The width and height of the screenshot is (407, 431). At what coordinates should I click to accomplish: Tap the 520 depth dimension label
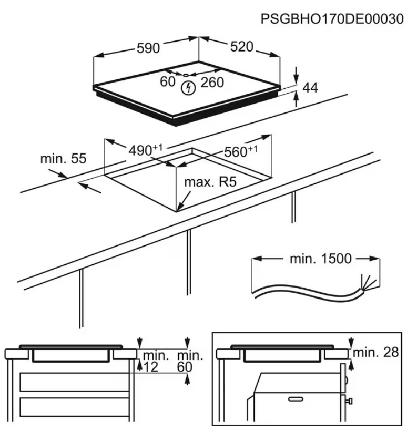[x=241, y=47]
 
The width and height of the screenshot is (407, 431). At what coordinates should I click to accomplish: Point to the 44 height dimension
[x=311, y=88]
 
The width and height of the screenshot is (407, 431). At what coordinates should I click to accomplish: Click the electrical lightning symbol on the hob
[x=187, y=88]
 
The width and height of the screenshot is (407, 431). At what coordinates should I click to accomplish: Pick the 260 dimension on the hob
[x=212, y=83]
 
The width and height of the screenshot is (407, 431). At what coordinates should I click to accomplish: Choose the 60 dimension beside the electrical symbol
[x=167, y=82]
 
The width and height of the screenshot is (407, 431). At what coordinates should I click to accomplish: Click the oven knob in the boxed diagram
[x=349, y=403]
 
